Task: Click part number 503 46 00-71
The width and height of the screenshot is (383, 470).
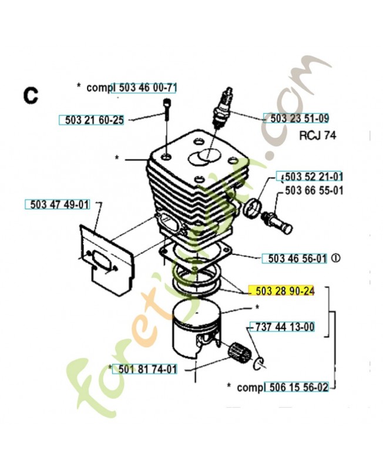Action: (x=147, y=88)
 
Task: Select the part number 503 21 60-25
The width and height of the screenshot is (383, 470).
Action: (x=92, y=120)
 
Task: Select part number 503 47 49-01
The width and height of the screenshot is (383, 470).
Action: (x=57, y=204)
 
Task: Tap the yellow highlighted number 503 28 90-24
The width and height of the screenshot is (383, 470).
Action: (x=282, y=291)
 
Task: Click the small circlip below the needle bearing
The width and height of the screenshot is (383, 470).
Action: (x=257, y=364)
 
